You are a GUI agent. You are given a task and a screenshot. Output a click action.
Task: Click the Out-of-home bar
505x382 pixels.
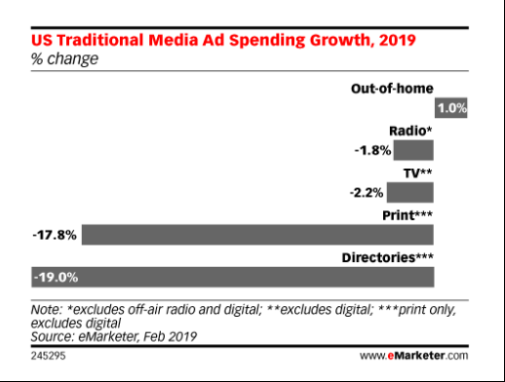(451, 108)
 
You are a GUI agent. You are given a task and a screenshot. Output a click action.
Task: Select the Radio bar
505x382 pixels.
(413, 150)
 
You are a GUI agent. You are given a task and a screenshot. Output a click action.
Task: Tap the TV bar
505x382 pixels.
(411, 193)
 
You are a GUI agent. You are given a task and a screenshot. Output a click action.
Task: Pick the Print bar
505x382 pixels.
(257, 234)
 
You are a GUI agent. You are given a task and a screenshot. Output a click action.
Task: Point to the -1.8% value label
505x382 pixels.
(372, 151)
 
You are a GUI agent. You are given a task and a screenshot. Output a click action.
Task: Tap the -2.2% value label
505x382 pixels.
(369, 193)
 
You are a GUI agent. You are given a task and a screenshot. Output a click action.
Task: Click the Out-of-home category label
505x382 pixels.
(393, 89)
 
